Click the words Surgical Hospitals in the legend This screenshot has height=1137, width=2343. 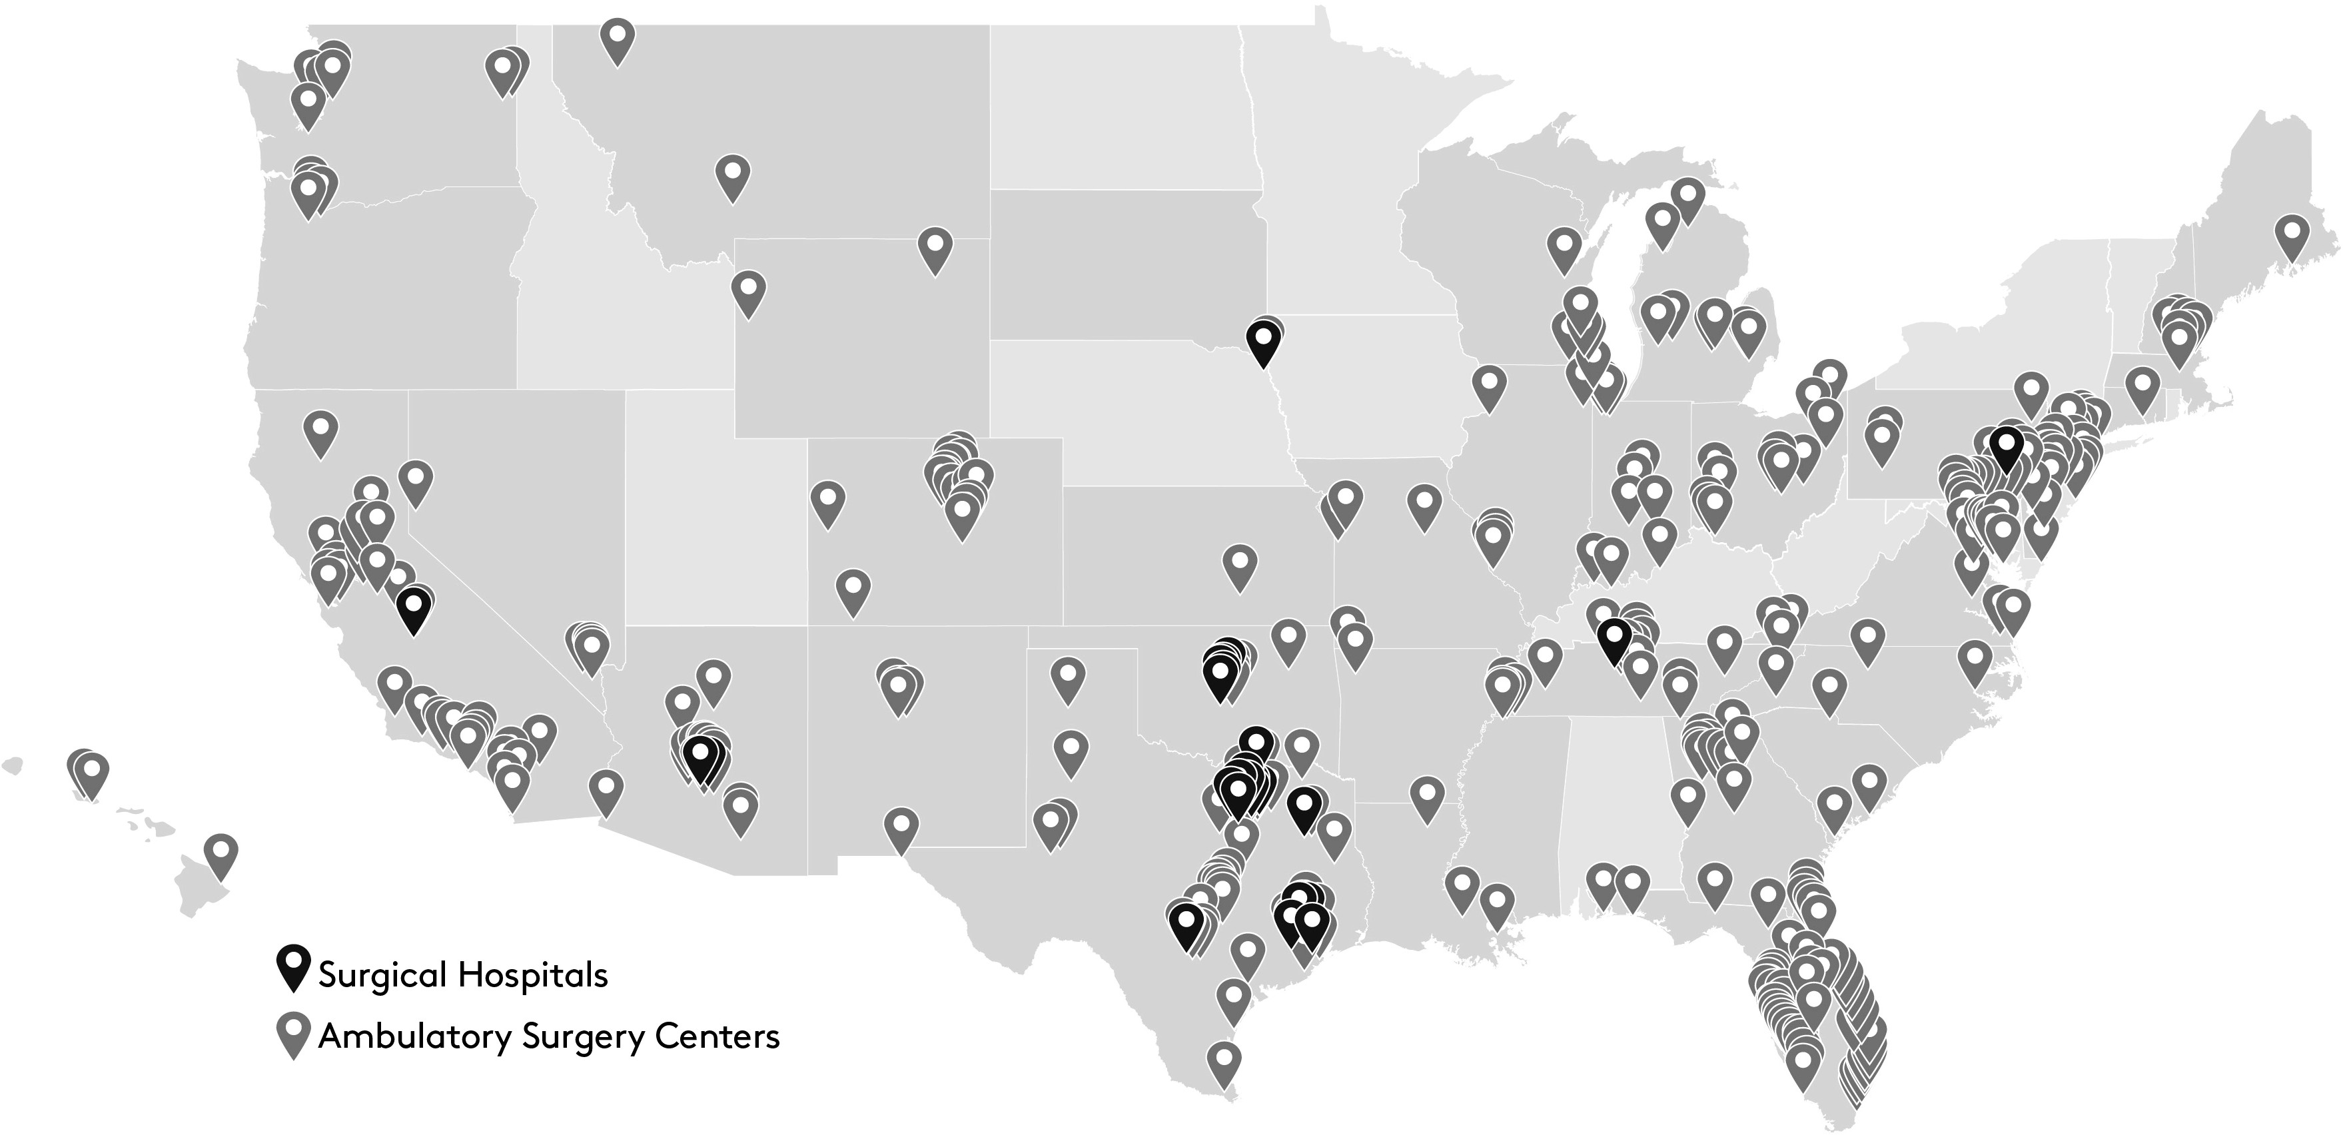pos(463,975)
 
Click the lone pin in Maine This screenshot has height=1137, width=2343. pos(2291,238)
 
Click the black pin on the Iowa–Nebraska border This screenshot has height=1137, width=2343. pos(1262,341)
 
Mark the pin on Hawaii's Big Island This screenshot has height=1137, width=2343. pos(220,857)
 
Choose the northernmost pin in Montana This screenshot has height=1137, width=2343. pos(618,41)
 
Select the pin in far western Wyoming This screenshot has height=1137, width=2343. pos(747,291)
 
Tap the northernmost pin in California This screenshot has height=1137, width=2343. pos(320,433)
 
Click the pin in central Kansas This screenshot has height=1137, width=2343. pos(1240,567)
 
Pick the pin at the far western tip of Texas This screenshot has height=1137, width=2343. pos(901,829)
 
